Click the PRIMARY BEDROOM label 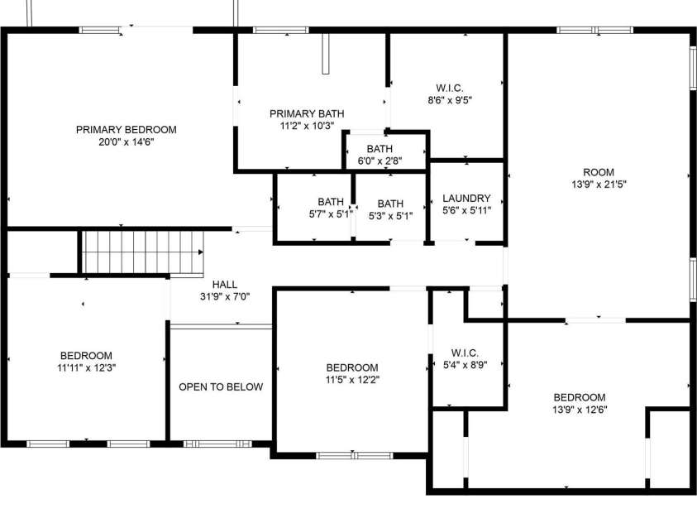coord(127,130)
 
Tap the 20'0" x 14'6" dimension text coord(127,142)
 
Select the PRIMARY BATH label coord(307,114)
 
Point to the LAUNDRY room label coord(466,198)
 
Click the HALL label coord(225,284)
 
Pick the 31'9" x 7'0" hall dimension coord(225,296)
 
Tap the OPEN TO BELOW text coord(221,387)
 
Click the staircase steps coord(143,252)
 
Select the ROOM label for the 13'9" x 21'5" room coord(599,172)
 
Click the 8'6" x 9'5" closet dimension coord(450,100)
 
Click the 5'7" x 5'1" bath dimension coord(332,214)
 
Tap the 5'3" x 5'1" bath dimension coord(391,216)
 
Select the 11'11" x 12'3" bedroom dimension coord(87,368)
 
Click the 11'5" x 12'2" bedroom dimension coord(352,380)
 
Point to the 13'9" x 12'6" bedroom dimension coord(580,410)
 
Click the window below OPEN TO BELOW coord(217,444)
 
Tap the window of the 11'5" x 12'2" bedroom coord(354,455)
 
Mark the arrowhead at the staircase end coord(201,252)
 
